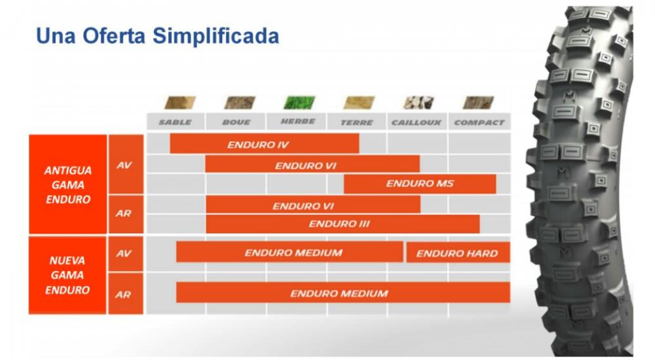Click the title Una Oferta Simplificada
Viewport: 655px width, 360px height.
pyautogui.click(x=157, y=35)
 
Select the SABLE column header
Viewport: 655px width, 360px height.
pyautogui.click(x=176, y=122)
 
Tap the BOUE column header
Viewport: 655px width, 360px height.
pyautogui.click(x=236, y=122)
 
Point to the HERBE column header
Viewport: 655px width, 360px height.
pyautogui.click(x=297, y=122)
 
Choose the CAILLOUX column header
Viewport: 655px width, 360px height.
pyautogui.click(x=417, y=122)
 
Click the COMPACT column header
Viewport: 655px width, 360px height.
pyautogui.click(x=479, y=122)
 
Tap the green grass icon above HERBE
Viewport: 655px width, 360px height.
pyautogui.click(x=299, y=103)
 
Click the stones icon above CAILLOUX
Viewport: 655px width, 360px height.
pyautogui.click(x=419, y=103)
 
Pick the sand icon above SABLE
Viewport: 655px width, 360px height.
pyautogui.click(x=180, y=103)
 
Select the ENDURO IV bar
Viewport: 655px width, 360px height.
pyautogui.click(x=265, y=143)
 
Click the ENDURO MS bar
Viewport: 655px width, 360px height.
pyautogui.click(x=420, y=184)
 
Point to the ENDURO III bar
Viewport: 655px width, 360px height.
pyautogui.click(x=343, y=224)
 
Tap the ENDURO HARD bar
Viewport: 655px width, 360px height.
pyautogui.click(x=458, y=253)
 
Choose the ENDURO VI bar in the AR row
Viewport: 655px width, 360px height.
pyautogui.click(x=313, y=205)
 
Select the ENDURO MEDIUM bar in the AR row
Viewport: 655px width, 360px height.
pyautogui.click(x=343, y=293)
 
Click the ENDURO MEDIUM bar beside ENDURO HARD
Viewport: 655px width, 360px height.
pyautogui.click(x=290, y=252)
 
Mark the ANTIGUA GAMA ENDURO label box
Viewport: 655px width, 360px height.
pyautogui.click(x=67, y=184)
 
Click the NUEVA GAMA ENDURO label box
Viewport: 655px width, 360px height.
pyautogui.click(x=67, y=275)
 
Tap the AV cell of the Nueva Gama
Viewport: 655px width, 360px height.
pyautogui.click(x=126, y=253)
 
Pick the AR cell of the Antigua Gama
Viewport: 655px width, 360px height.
pyautogui.click(x=126, y=214)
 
